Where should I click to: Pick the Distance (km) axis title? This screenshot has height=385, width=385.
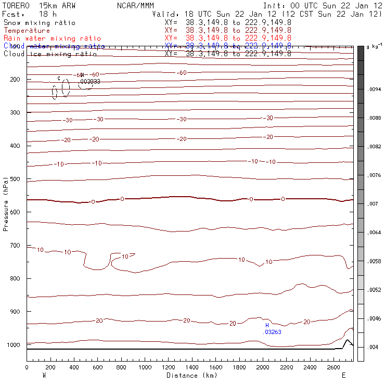192,375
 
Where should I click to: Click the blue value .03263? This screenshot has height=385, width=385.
274,331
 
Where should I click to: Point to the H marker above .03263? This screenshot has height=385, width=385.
267,325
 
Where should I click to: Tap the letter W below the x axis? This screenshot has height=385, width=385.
43,375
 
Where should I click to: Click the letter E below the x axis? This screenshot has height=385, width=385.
343,375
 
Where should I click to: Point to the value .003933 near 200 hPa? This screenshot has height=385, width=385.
90,82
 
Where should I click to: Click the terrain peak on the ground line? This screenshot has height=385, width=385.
348,340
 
